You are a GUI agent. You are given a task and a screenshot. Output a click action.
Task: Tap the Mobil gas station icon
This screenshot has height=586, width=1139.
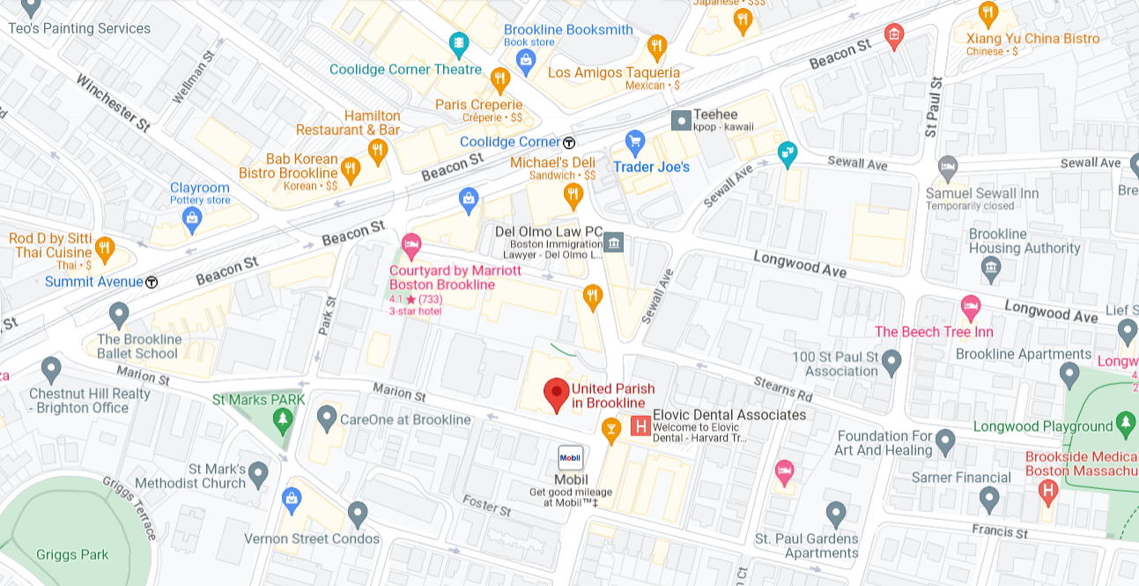[571, 458]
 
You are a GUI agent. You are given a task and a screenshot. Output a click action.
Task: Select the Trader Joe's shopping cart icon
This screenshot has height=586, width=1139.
[634, 141]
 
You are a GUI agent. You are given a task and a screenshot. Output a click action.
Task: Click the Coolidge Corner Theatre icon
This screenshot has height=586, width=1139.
[458, 43]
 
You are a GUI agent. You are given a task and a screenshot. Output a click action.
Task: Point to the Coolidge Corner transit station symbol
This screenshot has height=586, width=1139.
[569, 142]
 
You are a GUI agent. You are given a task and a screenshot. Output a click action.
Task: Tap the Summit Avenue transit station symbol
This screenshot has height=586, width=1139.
[152, 282]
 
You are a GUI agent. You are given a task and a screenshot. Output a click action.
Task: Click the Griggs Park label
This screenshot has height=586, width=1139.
[72, 554]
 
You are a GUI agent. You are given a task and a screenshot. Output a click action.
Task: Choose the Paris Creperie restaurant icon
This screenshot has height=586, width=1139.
[500, 80]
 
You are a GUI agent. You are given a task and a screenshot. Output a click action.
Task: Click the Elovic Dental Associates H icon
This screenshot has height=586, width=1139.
[641, 427]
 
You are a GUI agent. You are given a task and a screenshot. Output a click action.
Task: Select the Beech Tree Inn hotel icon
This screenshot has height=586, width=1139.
[971, 307]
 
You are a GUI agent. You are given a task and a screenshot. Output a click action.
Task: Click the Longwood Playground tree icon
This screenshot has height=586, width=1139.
[1126, 426]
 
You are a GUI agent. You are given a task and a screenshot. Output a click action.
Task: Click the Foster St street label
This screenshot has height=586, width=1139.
[486, 506]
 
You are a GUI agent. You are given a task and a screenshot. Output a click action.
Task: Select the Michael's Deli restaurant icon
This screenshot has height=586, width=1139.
[573, 194]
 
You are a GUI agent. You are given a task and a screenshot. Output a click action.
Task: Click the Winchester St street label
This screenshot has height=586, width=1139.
[112, 102]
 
